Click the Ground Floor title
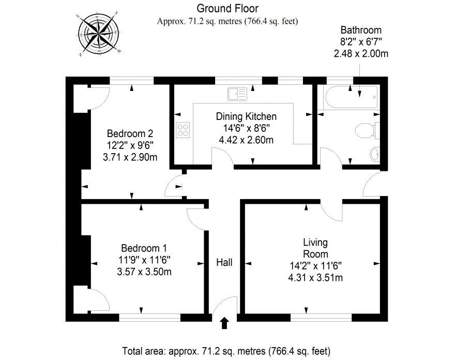tap(228, 8)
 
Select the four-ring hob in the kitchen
tap(183, 129)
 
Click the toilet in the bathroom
tap(367, 130)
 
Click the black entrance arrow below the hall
tap(224, 323)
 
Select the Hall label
tap(224, 263)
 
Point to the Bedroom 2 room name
tap(130, 133)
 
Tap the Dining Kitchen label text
tap(246, 116)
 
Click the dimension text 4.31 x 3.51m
tap(315, 278)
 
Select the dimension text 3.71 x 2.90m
tap(130, 157)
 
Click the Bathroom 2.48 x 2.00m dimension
tap(360, 53)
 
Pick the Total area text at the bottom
tap(226, 350)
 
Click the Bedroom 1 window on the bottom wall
tap(149, 317)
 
